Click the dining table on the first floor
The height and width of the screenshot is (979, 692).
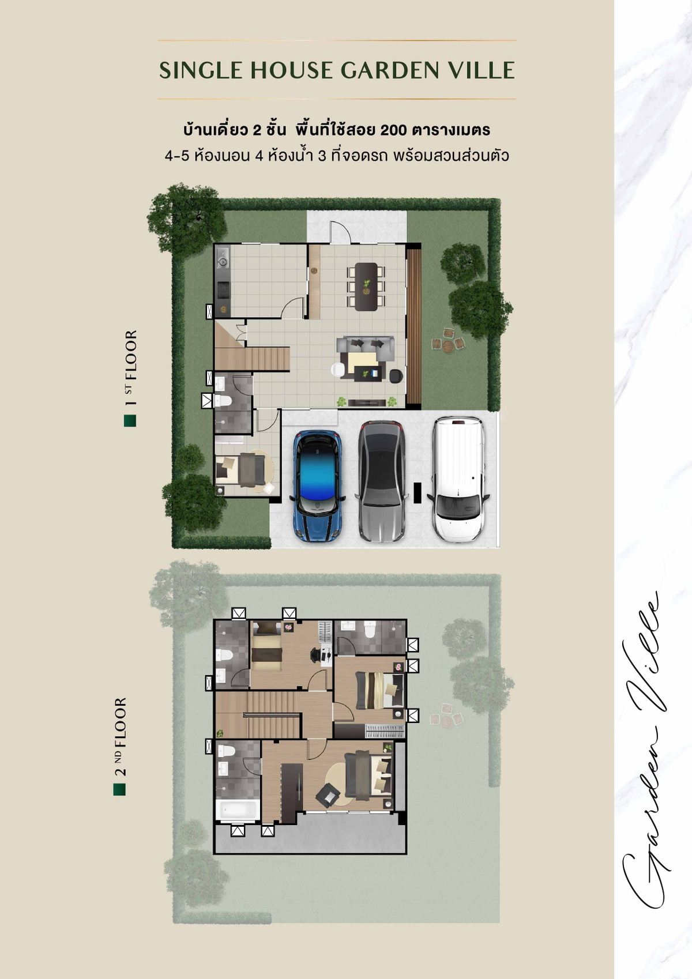click(366, 287)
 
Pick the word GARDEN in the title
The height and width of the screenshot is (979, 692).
click(390, 70)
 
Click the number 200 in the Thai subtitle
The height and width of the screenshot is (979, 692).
click(393, 130)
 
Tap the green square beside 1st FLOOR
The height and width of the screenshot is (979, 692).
click(130, 420)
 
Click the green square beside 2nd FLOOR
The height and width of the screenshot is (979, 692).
click(119, 789)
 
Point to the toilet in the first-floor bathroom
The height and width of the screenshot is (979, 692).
click(223, 401)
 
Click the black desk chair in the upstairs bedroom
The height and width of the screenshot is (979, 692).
click(315, 654)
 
